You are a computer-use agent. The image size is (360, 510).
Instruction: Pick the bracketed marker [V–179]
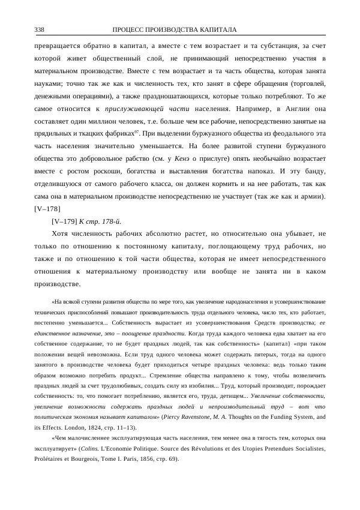(x=65, y=221)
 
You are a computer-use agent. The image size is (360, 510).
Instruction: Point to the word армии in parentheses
(x=308, y=196)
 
